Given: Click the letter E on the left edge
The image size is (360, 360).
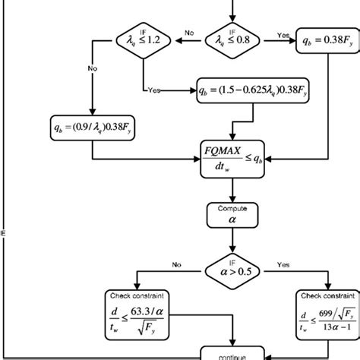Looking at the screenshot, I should pyautogui.click(x=3, y=233).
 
